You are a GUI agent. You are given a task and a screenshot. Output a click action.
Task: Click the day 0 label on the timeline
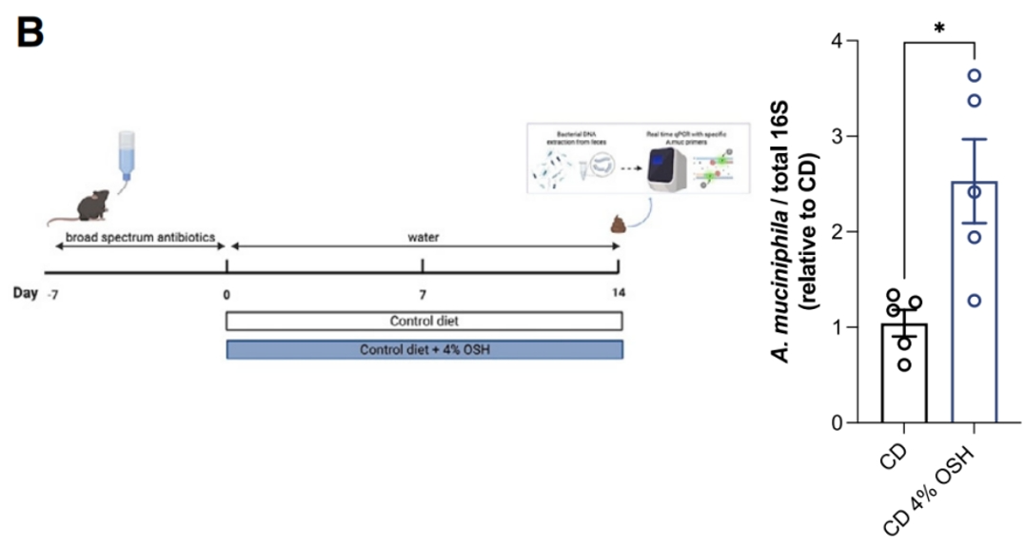226,293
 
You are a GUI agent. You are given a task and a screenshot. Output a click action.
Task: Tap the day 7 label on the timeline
423,293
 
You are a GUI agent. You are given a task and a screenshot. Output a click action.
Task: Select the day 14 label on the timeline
619,293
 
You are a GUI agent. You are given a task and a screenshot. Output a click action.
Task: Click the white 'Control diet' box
424,322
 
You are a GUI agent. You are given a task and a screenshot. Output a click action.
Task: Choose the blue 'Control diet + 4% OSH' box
424,349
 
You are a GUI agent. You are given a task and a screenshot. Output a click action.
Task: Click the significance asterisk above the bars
939,28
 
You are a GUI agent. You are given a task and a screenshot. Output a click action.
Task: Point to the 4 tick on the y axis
835,41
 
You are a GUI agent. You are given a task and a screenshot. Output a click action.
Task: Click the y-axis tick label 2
835,232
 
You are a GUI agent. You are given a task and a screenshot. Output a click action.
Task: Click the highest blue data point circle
974,75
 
